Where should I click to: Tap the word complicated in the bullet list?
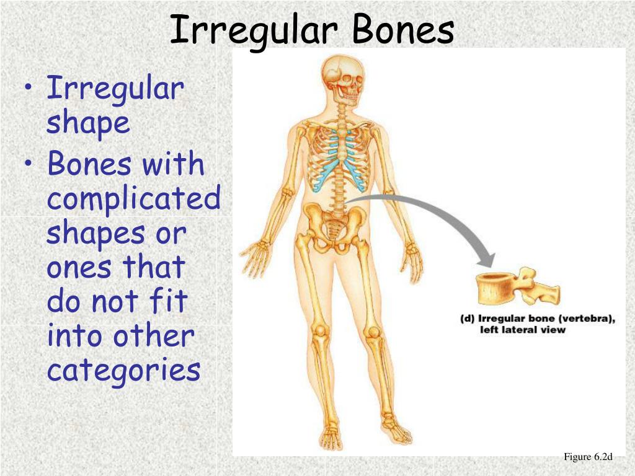click(134, 200)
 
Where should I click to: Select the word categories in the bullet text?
click(124, 371)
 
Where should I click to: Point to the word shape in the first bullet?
click(88, 123)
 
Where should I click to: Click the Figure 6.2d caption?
click(588, 457)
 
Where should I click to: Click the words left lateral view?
click(523, 330)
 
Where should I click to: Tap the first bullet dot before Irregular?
click(31, 89)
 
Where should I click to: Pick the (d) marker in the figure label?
click(467, 319)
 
